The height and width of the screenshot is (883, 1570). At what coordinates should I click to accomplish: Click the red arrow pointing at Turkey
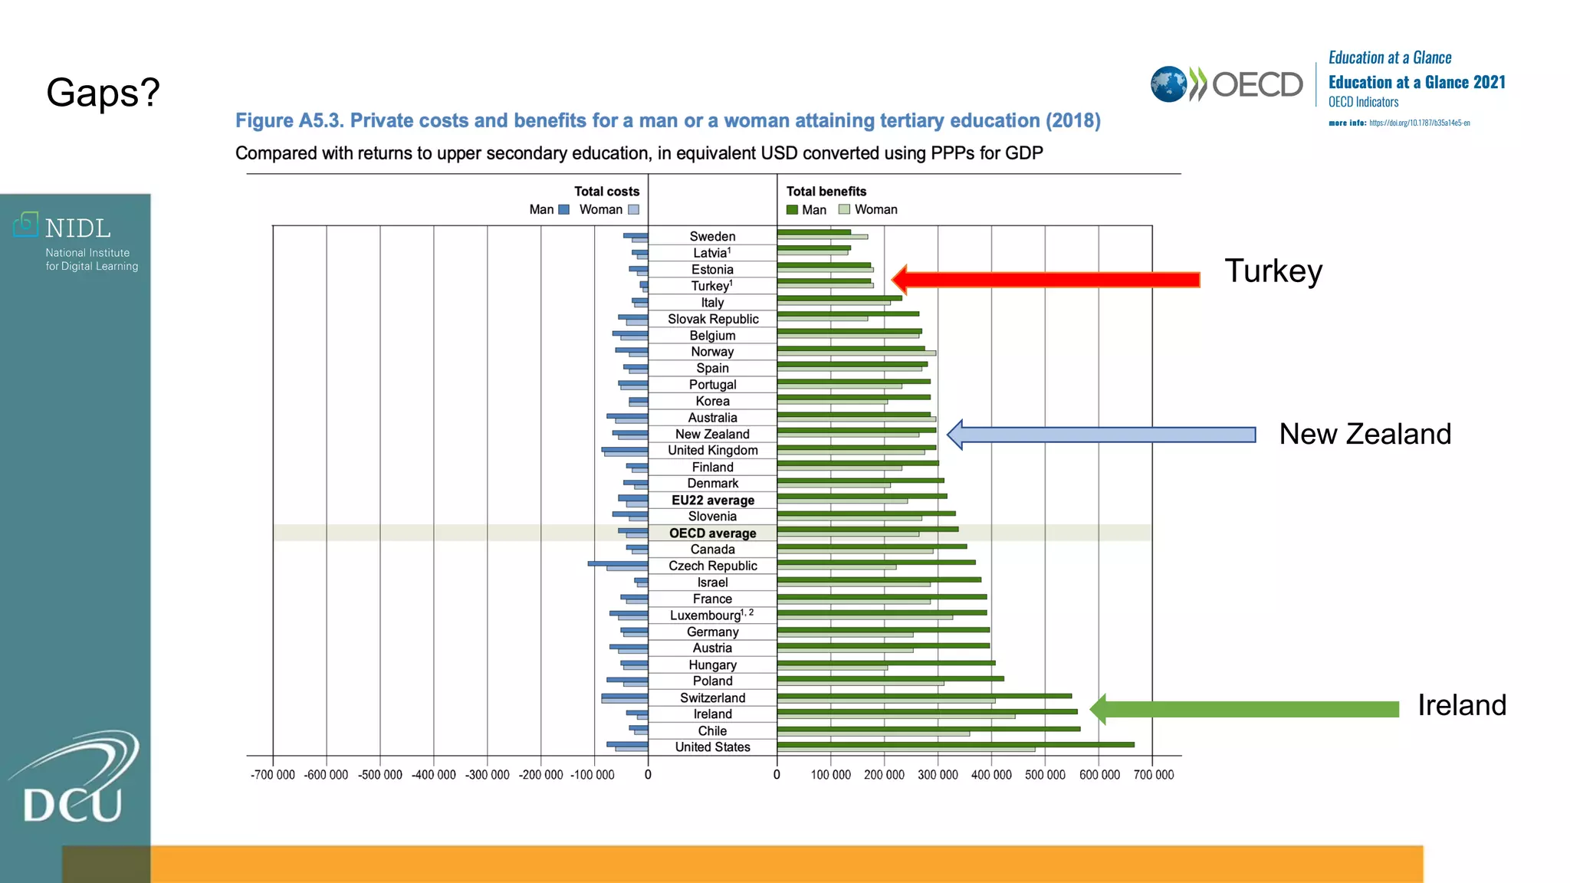(x=1050, y=280)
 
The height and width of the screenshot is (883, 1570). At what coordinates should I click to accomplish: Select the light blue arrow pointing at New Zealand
(x=1104, y=435)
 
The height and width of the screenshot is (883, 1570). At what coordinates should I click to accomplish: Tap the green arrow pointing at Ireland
(x=1246, y=709)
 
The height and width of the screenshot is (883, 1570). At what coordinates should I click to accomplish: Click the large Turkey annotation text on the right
(x=1273, y=271)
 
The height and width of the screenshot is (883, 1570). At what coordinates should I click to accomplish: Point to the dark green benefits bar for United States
(x=954, y=744)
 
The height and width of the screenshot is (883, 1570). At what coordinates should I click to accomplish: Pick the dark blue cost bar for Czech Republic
(x=617, y=563)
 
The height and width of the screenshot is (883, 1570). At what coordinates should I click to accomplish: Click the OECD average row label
(x=712, y=533)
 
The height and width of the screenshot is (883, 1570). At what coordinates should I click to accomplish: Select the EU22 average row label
(x=712, y=500)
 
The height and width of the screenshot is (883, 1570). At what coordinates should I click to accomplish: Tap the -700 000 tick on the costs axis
(x=272, y=775)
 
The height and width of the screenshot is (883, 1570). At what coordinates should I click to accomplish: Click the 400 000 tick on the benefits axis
(x=991, y=775)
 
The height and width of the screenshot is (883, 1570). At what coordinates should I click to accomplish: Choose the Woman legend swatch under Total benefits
(x=844, y=209)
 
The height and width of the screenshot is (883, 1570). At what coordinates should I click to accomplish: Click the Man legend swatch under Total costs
(x=564, y=209)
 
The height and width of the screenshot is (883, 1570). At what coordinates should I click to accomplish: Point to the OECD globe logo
(x=1168, y=84)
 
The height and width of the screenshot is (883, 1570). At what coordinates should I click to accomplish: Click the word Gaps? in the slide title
(x=103, y=93)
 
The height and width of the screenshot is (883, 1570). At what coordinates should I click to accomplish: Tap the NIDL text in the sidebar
(x=77, y=228)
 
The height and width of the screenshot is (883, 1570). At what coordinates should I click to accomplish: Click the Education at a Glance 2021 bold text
(x=1417, y=82)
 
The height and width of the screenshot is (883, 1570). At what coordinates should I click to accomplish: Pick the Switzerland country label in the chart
(x=712, y=698)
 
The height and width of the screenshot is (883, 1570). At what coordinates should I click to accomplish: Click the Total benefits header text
(x=826, y=191)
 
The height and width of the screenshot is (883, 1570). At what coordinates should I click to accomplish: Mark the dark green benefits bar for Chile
(x=928, y=728)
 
